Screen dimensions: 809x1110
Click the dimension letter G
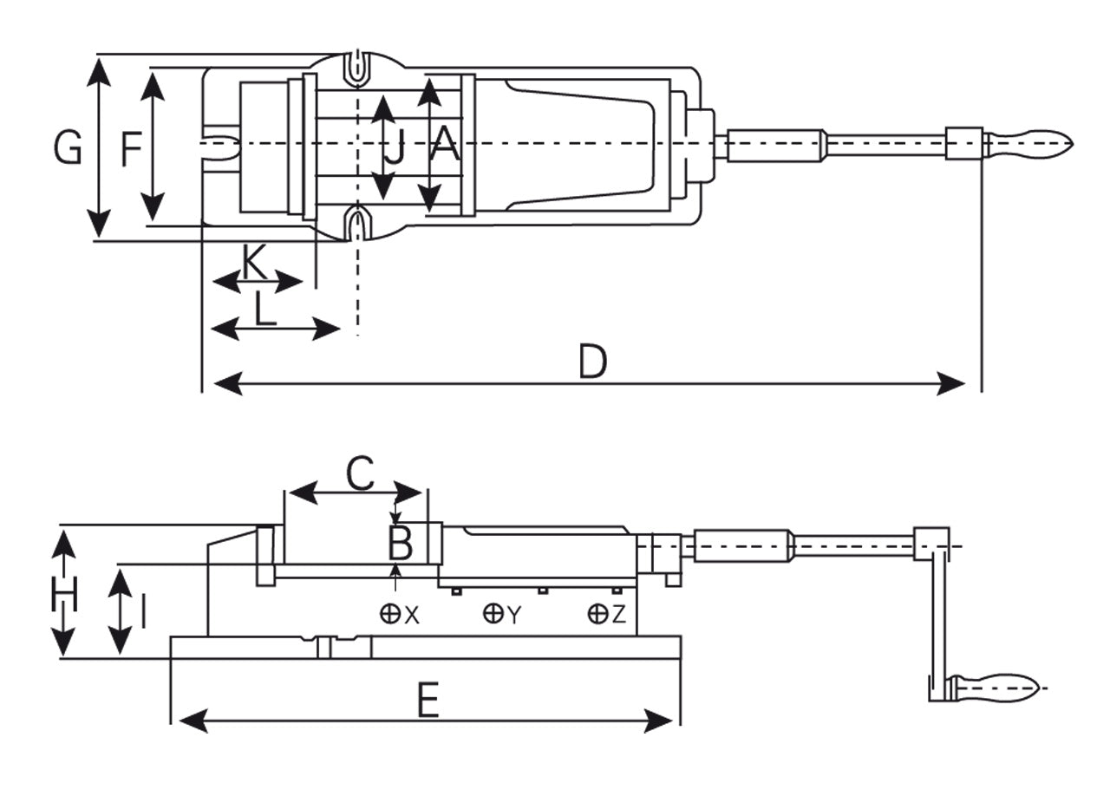[x=68, y=147]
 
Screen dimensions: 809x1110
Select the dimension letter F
[x=131, y=149]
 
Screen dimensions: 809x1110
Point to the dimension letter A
[x=445, y=145]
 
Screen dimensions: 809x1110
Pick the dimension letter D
[x=592, y=362]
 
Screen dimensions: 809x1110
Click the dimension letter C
[x=359, y=473]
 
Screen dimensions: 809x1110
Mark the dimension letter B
[x=400, y=545]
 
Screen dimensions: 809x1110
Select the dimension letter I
[x=142, y=611]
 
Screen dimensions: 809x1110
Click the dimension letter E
[x=428, y=701]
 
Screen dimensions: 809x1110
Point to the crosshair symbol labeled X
[x=390, y=615]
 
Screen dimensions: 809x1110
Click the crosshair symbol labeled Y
[x=493, y=614]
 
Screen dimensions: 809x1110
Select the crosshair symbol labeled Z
[x=597, y=614]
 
